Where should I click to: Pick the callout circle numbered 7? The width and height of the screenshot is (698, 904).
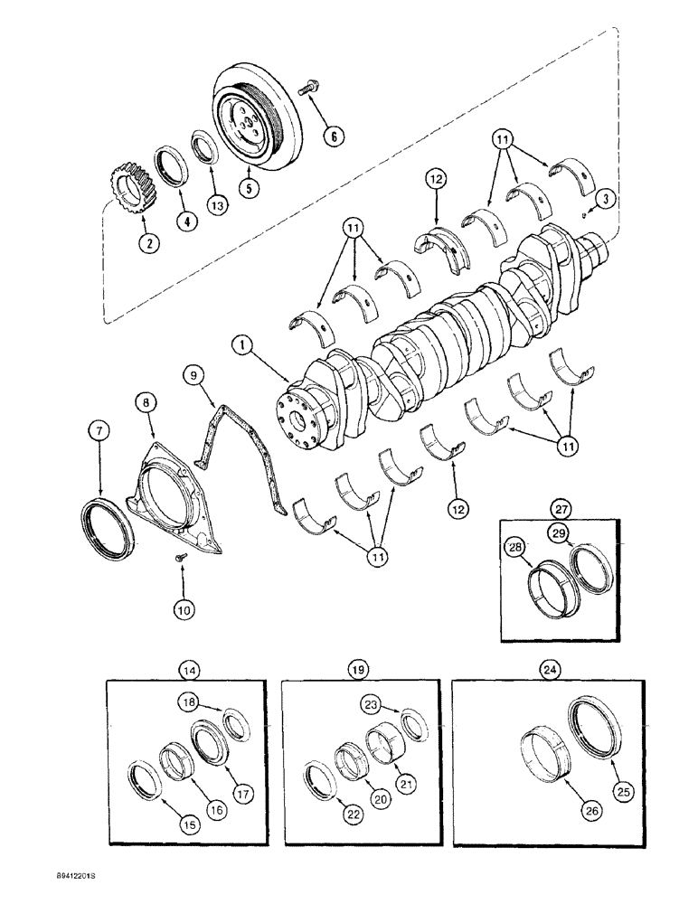pos(100,431)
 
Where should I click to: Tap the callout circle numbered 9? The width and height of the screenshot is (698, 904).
pos(192,373)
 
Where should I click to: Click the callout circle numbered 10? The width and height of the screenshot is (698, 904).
pos(184,611)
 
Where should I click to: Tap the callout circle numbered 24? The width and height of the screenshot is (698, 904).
pos(549,670)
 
